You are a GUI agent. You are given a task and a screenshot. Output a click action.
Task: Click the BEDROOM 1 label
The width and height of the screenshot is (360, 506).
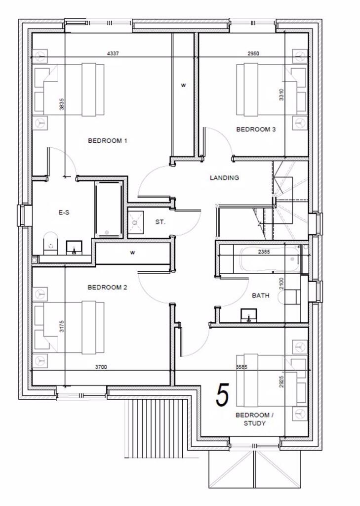point(108,141)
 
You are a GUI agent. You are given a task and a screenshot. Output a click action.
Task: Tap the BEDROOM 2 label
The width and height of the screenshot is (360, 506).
point(108,287)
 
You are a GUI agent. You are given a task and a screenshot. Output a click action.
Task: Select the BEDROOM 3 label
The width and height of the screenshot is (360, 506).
point(256,129)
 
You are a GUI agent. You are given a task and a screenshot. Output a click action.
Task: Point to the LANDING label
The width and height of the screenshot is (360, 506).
point(224,178)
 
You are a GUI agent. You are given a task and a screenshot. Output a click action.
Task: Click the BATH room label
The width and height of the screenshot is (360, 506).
point(261,295)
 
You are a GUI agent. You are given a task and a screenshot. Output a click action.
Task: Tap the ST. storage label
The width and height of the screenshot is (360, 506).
point(160,222)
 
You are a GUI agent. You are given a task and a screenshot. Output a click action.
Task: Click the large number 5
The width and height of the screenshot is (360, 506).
point(223,395)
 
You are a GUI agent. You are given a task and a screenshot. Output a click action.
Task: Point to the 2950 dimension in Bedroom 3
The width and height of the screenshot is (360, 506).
point(254,54)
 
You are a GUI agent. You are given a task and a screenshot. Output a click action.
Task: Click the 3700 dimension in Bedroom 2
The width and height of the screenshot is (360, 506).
point(101,367)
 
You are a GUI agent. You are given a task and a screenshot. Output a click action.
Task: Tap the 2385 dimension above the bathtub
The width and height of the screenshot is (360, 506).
point(265,252)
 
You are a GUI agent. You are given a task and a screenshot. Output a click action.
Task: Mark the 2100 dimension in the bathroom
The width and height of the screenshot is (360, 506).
point(281,284)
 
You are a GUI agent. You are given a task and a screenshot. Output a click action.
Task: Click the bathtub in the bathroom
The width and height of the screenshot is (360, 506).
point(269,259)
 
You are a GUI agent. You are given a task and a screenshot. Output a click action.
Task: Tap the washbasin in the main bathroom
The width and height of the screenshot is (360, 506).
point(248,315)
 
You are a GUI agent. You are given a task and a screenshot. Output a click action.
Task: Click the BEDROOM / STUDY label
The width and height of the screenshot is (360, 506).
point(252,419)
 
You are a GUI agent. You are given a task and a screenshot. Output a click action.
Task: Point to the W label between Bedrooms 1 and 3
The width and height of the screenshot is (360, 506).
point(183,85)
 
